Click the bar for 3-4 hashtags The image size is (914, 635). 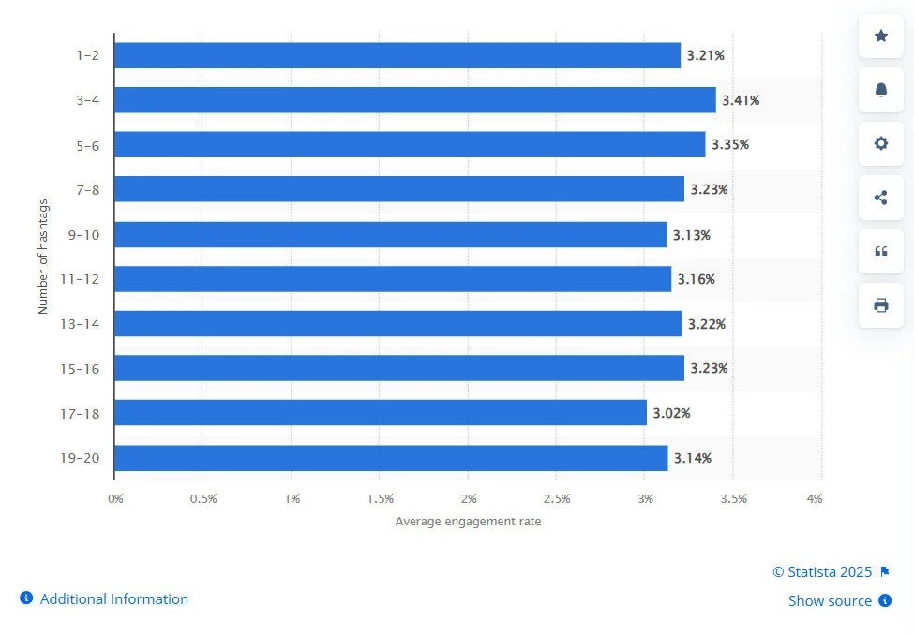click(x=414, y=100)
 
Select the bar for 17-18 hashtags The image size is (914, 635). click(x=380, y=413)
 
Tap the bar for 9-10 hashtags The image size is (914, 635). click(x=390, y=235)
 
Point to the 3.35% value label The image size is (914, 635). click(x=730, y=145)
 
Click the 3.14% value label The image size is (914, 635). click(x=693, y=458)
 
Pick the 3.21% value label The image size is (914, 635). click(x=705, y=55)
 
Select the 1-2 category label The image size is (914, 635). click(x=89, y=55)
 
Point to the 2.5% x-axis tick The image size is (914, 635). click(x=556, y=499)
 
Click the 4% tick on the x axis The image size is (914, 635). click(x=815, y=499)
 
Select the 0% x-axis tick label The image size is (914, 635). click(x=115, y=499)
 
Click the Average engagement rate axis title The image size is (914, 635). click(x=468, y=522)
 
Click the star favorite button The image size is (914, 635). click(x=881, y=36)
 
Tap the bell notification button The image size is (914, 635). click(x=881, y=90)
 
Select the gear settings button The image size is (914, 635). click(x=881, y=143)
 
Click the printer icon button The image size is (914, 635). click(x=881, y=305)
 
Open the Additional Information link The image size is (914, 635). click(x=113, y=599)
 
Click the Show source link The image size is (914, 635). click(x=830, y=601)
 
